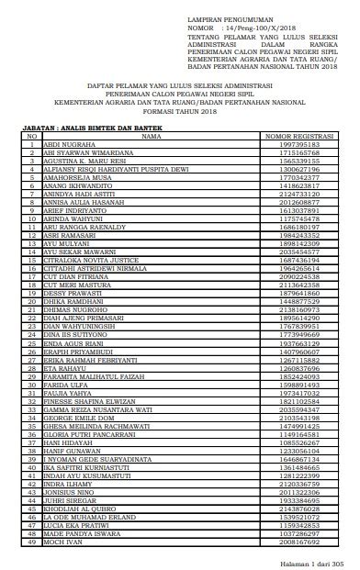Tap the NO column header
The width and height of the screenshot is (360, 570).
coord(31,136)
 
